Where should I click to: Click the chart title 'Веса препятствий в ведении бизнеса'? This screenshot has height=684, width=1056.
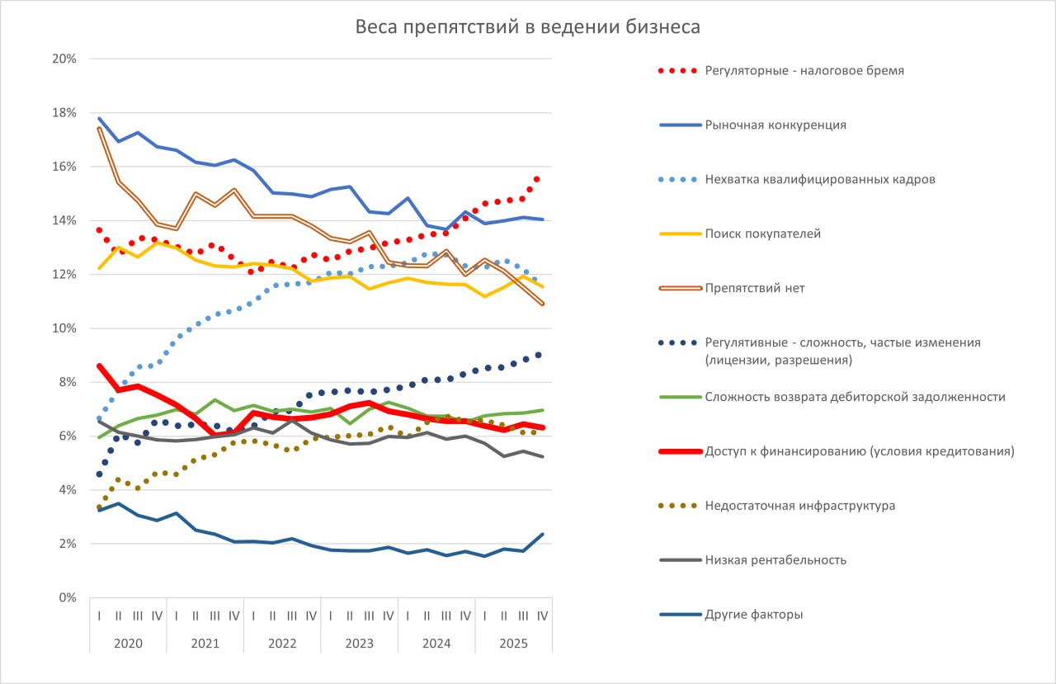point(528,27)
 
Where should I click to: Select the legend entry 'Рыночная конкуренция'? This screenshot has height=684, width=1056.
point(775,125)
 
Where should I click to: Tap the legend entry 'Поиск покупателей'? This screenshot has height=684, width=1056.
point(762,234)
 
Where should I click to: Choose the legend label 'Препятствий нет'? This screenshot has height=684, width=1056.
point(755,289)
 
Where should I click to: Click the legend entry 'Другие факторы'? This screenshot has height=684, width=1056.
point(753,615)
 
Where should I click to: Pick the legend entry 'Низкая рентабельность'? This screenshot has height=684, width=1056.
point(775,560)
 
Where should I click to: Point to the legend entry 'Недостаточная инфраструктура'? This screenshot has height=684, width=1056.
point(799,506)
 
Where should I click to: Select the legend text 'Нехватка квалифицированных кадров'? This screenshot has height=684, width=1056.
point(819,180)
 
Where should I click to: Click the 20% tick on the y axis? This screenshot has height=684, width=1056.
point(64,59)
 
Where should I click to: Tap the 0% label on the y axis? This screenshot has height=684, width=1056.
point(68,598)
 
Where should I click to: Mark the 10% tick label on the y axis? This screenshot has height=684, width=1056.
point(64,328)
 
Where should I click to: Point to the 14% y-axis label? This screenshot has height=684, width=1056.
point(64,220)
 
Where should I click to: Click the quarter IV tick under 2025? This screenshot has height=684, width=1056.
point(543,616)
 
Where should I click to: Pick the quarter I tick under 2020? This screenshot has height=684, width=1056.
point(99,616)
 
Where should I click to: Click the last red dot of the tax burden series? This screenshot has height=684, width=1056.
point(537,179)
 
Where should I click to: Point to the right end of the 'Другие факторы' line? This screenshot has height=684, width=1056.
point(542,535)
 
